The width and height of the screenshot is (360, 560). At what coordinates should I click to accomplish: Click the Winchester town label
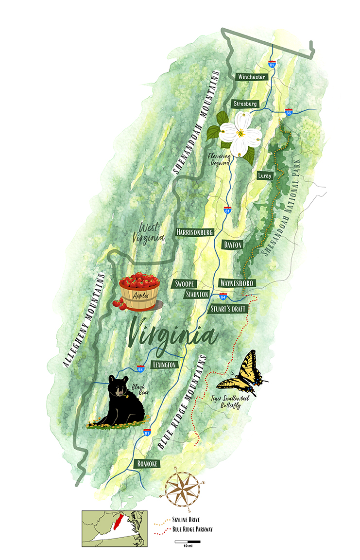pos(251,77)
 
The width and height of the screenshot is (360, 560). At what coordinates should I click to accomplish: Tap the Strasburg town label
pos(245,104)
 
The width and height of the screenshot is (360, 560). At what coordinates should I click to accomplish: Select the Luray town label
pos(266,175)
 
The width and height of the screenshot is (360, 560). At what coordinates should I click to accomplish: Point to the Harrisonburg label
pos(195,232)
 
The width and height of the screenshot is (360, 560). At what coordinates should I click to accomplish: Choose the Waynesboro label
pos(237,283)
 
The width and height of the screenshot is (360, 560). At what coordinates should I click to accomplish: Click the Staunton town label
pos(197,294)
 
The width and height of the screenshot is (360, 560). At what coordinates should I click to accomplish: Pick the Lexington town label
pos(164,365)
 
